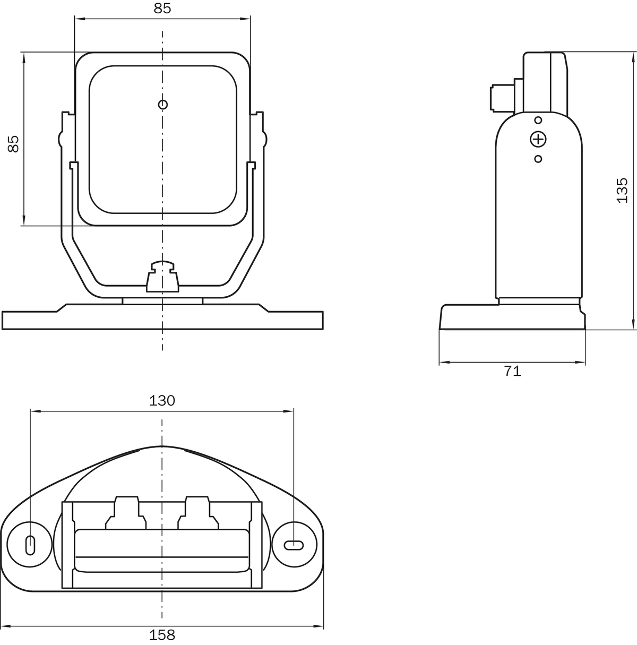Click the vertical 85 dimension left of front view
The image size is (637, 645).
point(13,144)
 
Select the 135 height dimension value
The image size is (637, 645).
point(622,191)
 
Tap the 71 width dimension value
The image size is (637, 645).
point(512,371)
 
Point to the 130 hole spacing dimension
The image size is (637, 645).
point(162,401)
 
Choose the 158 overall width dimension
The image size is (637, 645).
point(162,634)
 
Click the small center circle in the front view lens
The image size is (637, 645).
point(162,105)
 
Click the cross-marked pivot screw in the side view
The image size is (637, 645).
point(538,139)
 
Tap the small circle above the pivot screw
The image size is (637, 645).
point(538,120)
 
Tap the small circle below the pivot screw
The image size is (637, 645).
point(538,159)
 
